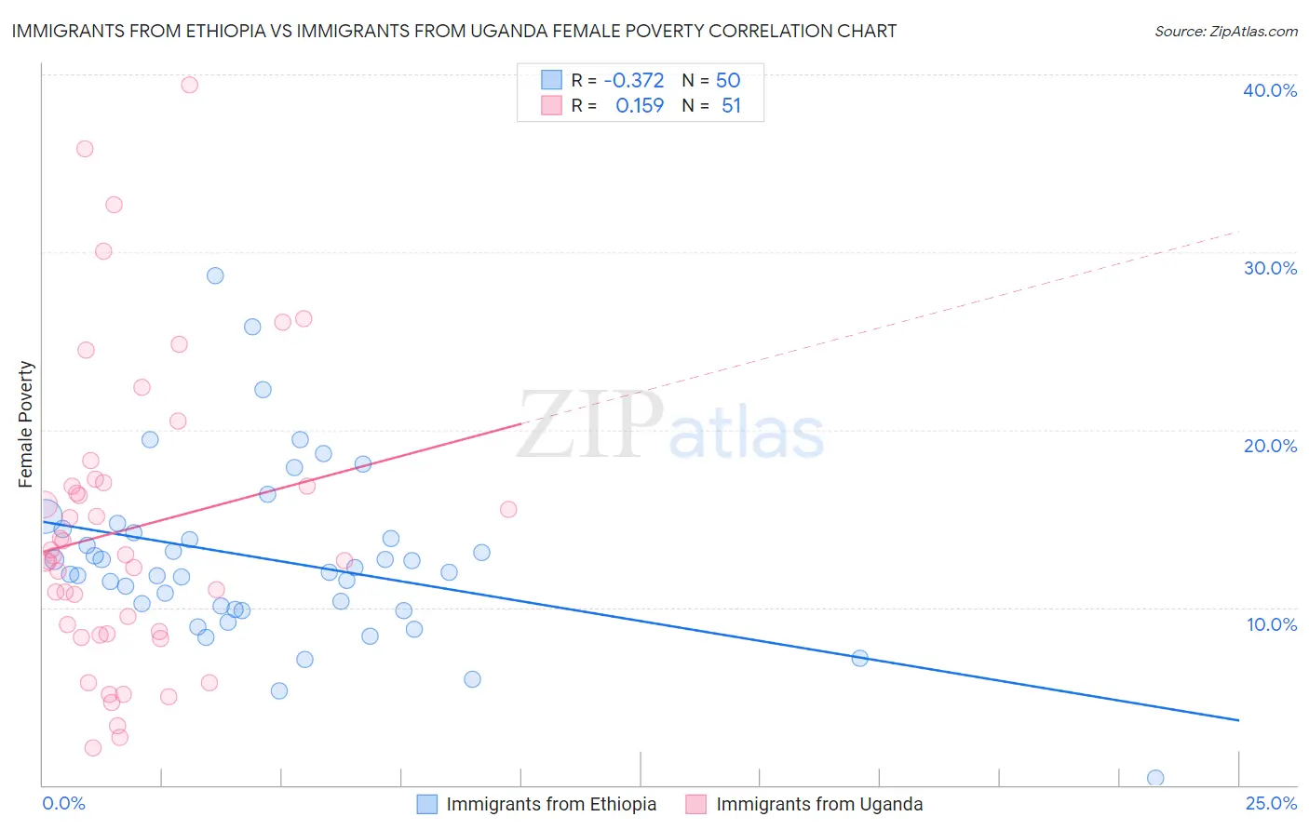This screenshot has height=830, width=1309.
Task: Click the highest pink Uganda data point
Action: tap(189, 85)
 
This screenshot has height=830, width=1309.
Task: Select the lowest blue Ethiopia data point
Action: tap(1155, 778)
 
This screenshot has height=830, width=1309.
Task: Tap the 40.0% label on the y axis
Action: tap(1270, 90)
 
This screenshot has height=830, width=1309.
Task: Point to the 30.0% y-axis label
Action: tap(1270, 268)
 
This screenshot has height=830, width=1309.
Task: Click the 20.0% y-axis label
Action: tap(1270, 446)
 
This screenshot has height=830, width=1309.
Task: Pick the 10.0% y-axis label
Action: tap(1272, 624)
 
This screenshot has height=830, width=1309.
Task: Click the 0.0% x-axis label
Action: tap(63, 803)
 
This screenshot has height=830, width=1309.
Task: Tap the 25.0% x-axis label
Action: tap(1271, 803)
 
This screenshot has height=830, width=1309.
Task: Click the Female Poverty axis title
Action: tap(26, 424)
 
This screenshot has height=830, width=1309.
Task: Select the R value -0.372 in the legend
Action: tap(634, 81)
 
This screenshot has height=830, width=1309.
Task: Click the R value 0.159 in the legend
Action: tap(640, 106)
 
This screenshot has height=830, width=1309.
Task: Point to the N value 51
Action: tap(731, 106)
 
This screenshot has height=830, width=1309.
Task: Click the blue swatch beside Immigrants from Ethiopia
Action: tap(426, 805)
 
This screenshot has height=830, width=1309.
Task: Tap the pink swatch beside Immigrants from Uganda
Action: tap(695, 805)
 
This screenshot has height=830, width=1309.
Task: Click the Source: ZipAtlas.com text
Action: tap(1225, 32)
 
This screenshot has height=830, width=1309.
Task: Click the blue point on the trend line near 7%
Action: tap(859, 659)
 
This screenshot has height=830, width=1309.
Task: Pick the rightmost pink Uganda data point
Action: tap(508, 509)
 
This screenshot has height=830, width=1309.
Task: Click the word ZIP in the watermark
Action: tap(589, 427)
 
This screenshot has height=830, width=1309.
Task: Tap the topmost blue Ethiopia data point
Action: tap(215, 275)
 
